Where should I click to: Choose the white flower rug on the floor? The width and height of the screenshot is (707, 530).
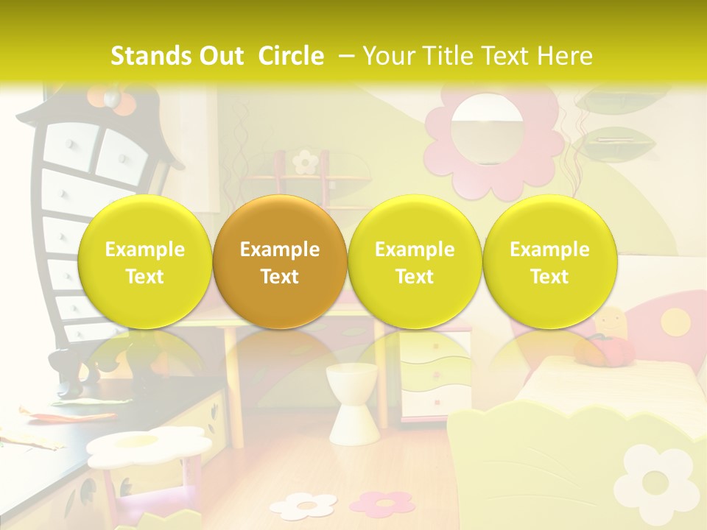click(x=303, y=505)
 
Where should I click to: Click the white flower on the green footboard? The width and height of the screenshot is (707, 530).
click(x=654, y=478)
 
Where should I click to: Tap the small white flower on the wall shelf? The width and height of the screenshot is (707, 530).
click(x=304, y=161)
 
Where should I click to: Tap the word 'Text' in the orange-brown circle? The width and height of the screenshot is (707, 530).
click(x=280, y=277)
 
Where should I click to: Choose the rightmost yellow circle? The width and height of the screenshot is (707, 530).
click(x=549, y=262)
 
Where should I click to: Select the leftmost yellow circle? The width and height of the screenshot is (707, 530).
click(x=144, y=262)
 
